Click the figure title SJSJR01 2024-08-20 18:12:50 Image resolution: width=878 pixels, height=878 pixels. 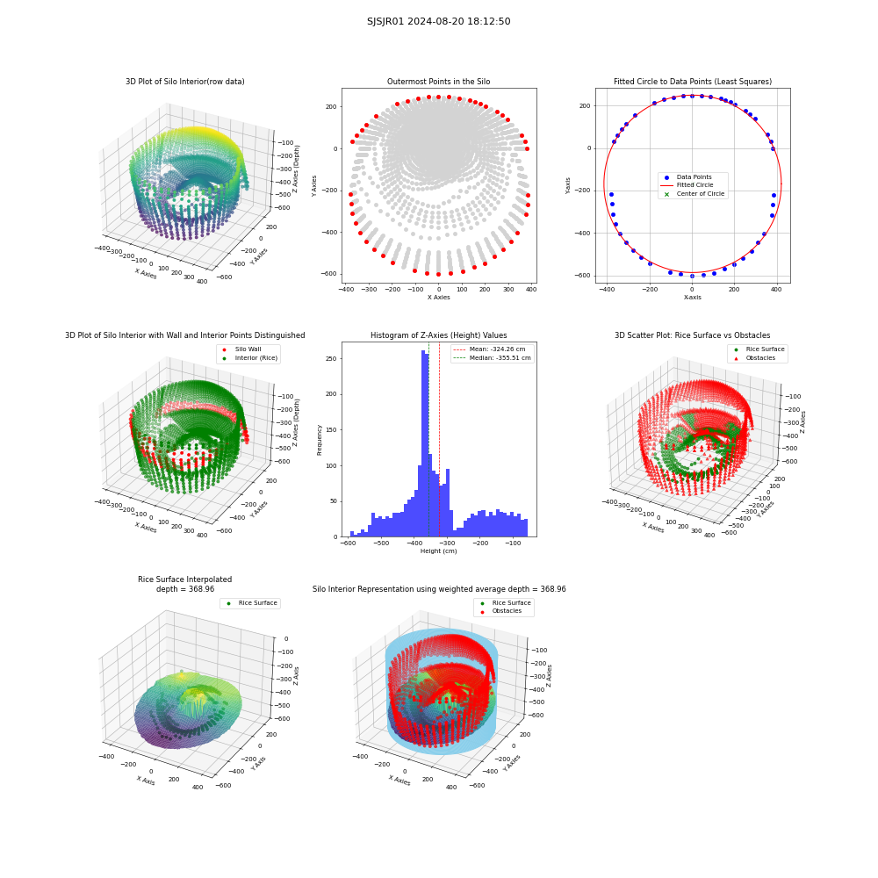[x=438, y=21]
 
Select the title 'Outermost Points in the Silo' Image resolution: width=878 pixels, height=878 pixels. [x=438, y=82]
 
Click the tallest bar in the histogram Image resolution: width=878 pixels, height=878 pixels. [x=423, y=443]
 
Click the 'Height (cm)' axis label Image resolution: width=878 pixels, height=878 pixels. [x=438, y=551]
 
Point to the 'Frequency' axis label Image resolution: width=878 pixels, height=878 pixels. [x=320, y=440]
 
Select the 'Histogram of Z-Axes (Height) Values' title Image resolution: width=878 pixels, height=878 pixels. [x=438, y=335]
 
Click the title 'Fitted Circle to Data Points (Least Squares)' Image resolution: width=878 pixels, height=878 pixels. [x=693, y=82]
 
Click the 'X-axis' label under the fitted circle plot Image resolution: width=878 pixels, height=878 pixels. [x=692, y=298]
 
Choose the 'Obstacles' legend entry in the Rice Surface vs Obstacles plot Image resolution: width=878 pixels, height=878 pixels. [x=760, y=358]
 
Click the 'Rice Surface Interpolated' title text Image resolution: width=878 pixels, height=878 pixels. [x=184, y=579]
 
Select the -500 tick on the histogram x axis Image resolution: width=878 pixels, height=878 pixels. [x=381, y=543]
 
